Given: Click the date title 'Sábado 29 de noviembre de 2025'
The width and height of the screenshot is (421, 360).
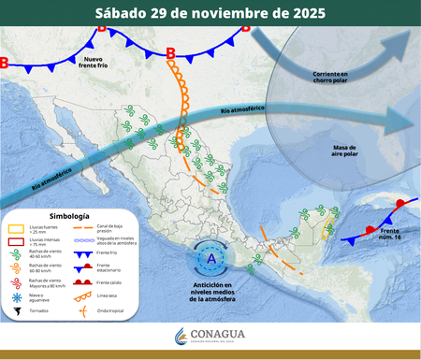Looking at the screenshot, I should (210, 14).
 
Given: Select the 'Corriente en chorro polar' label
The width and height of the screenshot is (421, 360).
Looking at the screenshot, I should (328, 75).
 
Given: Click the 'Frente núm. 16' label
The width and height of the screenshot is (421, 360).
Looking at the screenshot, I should (390, 233).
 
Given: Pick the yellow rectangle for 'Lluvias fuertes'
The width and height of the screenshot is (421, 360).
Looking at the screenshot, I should (16, 228).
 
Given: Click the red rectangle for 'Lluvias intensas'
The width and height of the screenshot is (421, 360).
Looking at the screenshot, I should (16, 241).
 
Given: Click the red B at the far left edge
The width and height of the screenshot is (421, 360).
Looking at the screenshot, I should (4, 64).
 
